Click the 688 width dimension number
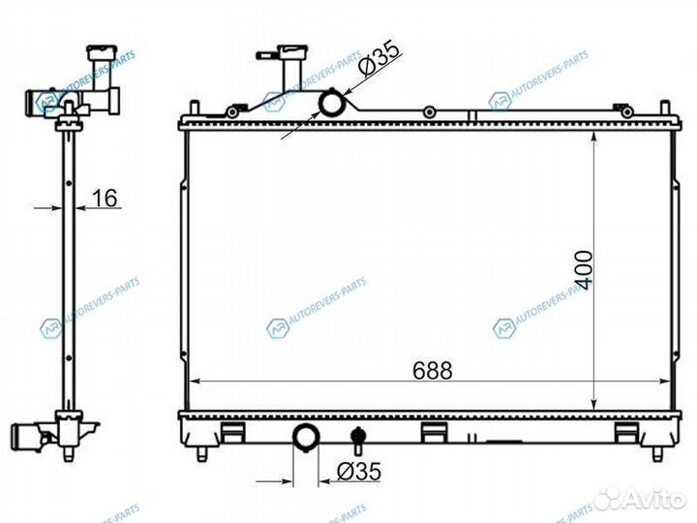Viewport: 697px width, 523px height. tap(432, 370)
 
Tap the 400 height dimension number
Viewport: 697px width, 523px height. tap(583, 270)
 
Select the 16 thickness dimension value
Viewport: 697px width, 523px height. tap(105, 198)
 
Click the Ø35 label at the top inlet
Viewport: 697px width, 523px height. tap(379, 59)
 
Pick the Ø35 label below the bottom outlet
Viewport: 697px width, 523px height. tap(359, 472)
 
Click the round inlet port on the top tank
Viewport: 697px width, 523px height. tap(332, 103)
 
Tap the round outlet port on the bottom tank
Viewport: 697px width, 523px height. tap(306, 437)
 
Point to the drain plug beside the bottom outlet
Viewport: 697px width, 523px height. tap(357, 437)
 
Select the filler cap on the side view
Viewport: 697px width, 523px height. tap(103, 53)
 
